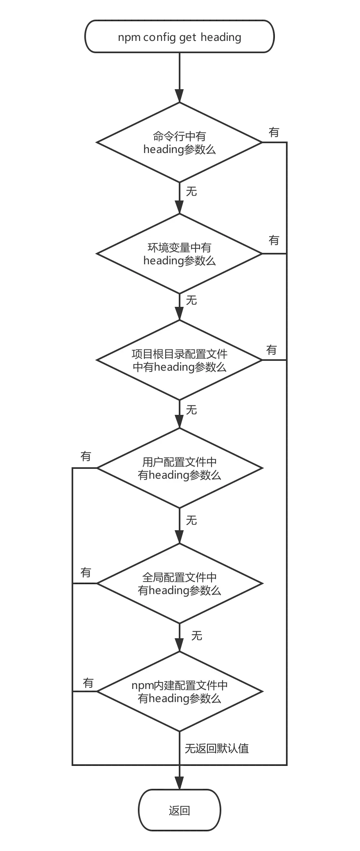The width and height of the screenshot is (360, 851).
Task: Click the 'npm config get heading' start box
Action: (x=179, y=37)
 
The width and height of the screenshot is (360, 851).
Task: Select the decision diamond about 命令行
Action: (x=179, y=142)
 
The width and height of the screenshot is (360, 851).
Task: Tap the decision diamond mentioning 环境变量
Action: (x=179, y=254)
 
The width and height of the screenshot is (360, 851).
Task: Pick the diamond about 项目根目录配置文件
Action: (x=179, y=360)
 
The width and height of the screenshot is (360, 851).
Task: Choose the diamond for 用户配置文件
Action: (x=179, y=468)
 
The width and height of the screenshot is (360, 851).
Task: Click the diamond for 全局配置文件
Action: (x=179, y=583)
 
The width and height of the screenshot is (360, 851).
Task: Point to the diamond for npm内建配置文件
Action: (x=179, y=691)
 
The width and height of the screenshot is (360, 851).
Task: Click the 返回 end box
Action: (x=179, y=810)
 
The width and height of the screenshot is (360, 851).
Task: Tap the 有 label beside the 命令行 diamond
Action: (x=274, y=132)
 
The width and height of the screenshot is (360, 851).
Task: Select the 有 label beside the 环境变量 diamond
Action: (x=274, y=240)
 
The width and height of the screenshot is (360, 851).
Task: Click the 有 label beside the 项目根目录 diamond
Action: (x=271, y=350)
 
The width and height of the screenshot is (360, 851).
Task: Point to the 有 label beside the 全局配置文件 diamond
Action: (x=86, y=573)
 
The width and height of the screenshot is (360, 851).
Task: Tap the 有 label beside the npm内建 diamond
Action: (x=88, y=682)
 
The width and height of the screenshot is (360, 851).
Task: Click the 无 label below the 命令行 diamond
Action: (x=191, y=191)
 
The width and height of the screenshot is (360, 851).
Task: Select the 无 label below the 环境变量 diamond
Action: (x=191, y=301)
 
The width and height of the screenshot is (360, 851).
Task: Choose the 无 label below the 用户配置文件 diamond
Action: (x=191, y=520)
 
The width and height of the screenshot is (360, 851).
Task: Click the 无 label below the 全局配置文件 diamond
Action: (x=197, y=636)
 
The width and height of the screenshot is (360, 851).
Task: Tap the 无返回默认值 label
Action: (x=216, y=749)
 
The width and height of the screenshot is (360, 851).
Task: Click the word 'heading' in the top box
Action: (x=221, y=37)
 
